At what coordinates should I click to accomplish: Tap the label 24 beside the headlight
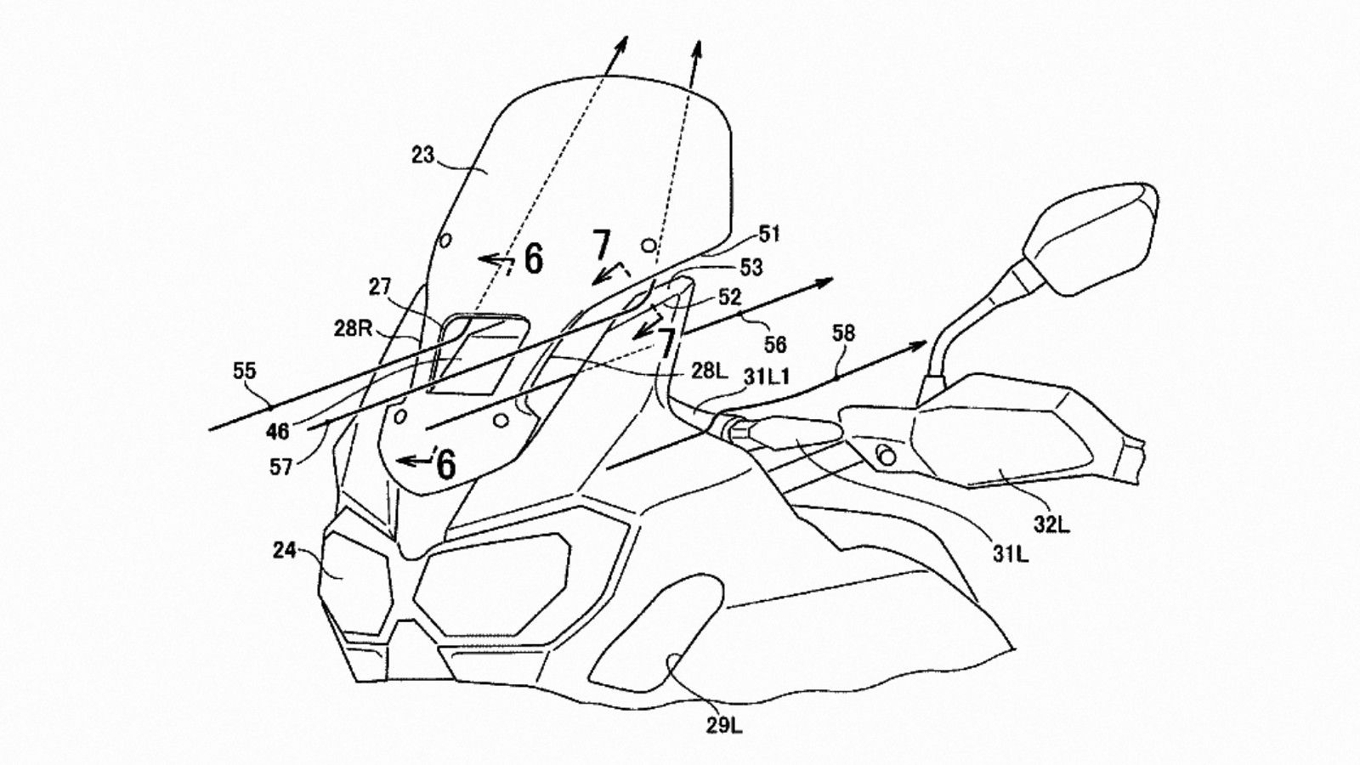pyautogui.click(x=284, y=552)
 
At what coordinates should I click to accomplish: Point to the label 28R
pyautogui.click(x=352, y=329)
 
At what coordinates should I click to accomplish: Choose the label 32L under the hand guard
pyautogui.click(x=1051, y=524)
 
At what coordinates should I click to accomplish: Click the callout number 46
pyautogui.click(x=276, y=432)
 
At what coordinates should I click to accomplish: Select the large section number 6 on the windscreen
pyautogui.click(x=532, y=259)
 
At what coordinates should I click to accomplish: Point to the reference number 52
pyautogui.click(x=729, y=297)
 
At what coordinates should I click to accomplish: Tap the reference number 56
pyautogui.click(x=775, y=343)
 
